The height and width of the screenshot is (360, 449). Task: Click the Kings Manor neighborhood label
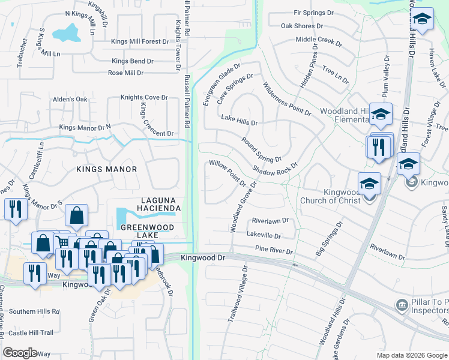pyautogui.click(x=106, y=170)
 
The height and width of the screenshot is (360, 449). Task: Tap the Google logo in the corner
pyautogui.click(x=20, y=353)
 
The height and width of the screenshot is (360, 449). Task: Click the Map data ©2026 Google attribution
pyautogui.click(x=411, y=355)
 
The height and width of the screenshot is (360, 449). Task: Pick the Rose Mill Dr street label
pyautogui.click(x=132, y=73)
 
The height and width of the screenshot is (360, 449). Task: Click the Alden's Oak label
pyautogui.click(x=70, y=99)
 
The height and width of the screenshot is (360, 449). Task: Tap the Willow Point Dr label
pyautogui.click(x=228, y=172)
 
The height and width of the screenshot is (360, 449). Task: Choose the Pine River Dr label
pyautogui.click(x=273, y=250)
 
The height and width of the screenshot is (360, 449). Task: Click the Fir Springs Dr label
pyautogui.click(x=313, y=13)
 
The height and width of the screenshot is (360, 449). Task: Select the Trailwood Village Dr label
pyautogui.click(x=238, y=295)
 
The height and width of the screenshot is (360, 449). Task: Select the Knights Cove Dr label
pyautogui.click(x=143, y=97)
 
